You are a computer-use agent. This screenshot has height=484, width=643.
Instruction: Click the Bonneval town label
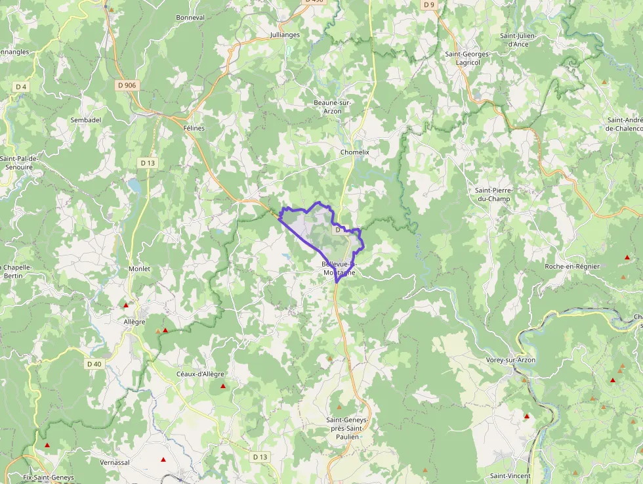click(190, 18)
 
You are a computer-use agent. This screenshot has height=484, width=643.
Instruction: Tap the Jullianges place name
click(285, 35)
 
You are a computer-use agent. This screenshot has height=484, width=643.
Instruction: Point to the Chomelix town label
click(355, 152)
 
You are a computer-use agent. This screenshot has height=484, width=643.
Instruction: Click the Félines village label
click(194, 128)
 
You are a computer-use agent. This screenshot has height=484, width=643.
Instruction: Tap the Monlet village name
click(139, 269)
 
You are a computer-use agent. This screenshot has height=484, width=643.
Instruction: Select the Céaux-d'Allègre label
click(200, 374)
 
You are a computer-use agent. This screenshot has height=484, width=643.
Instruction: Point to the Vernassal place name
click(115, 462)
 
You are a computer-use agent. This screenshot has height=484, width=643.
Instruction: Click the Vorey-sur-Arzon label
click(510, 361)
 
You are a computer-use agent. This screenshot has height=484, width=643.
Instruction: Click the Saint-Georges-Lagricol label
click(463, 58)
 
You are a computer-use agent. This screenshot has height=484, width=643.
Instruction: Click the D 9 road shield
click(429, 5)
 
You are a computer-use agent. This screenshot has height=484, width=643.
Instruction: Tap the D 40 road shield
click(94, 364)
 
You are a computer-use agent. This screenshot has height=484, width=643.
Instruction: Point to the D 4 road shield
click(22, 87)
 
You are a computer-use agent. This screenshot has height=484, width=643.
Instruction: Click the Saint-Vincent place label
click(510, 476)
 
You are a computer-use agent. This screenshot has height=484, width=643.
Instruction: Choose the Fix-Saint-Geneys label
click(49, 477)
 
